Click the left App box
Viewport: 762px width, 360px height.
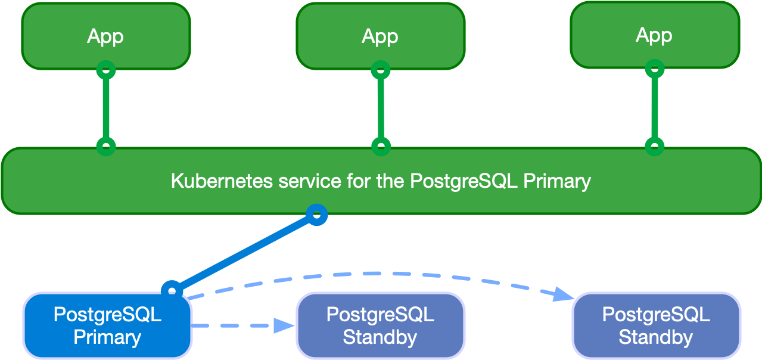pos(105,36)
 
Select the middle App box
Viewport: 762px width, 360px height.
pos(380,36)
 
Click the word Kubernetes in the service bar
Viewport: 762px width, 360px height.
pos(222,181)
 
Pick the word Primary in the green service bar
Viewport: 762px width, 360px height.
pos(556,181)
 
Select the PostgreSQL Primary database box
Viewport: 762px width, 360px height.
pos(107,325)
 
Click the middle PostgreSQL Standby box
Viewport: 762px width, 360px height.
pos(380,325)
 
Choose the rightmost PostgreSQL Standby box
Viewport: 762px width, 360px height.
pos(656,325)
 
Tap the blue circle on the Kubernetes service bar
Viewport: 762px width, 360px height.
pos(317,215)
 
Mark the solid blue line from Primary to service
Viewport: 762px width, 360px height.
pos(244,252)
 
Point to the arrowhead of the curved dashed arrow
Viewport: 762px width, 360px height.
pos(563,294)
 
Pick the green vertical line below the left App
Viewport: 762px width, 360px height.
pos(106,107)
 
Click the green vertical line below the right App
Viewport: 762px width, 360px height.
pos(655,107)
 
